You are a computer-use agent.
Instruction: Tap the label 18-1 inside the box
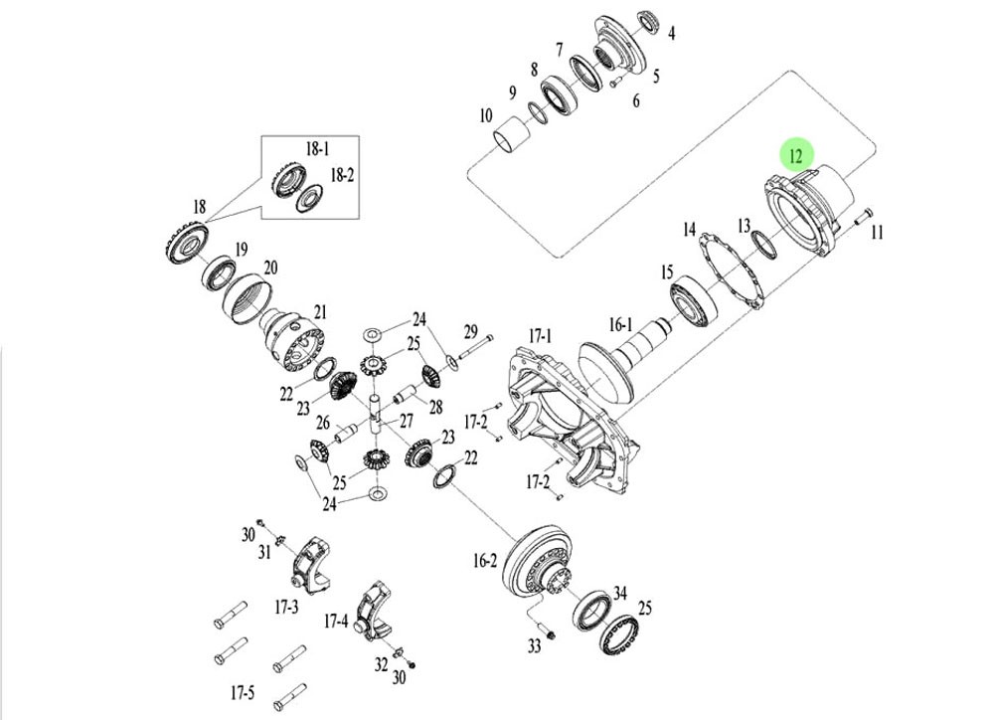pyautogui.click(x=315, y=149)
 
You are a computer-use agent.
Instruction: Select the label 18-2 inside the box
pyautogui.click(x=342, y=175)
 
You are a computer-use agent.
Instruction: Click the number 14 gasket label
pyautogui.click(x=689, y=230)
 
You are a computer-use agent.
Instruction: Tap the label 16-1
pyautogui.click(x=619, y=324)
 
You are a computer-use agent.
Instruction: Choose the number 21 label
pyautogui.click(x=319, y=311)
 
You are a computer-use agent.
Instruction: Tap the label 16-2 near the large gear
pyautogui.click(x=484, y=561)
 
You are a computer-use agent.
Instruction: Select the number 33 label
pyautogui.click(x=534, y=647)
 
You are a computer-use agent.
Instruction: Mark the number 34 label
pyautogui.click(x=620, y=594)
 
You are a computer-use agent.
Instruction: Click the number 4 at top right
pyautogui.click(x=672, y=34)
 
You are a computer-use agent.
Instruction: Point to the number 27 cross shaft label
pyautogui.click(x=406, y=421)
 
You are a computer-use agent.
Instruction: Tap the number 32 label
pyautogui.click(x=380, y=664)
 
